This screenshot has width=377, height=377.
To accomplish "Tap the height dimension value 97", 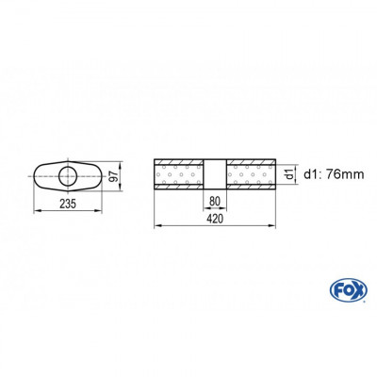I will tap(113, 176).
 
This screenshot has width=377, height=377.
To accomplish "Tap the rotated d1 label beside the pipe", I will tap(287, 173).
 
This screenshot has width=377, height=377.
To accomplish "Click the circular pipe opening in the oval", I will tap(69, 176).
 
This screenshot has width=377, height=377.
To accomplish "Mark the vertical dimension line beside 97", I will tap(121, 176).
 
